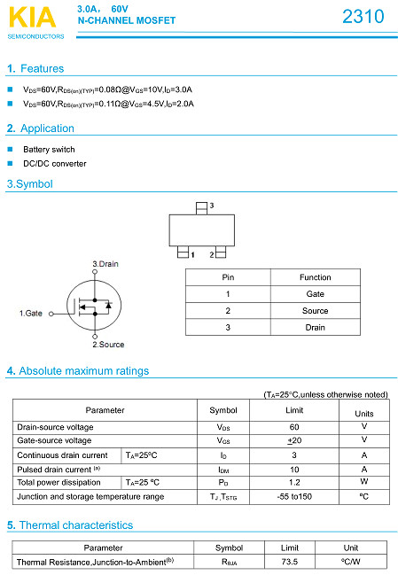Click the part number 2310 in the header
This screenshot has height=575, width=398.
point(363,17)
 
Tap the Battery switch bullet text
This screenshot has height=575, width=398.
point(49,150)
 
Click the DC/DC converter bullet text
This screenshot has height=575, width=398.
point(55,164)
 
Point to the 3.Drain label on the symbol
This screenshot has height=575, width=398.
point(105,264)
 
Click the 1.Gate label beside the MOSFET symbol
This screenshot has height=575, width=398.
point(31,313)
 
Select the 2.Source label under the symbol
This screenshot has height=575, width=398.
point(108,344)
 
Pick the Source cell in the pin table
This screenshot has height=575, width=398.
point(315,311)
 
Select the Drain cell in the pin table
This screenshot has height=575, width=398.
point(315,328)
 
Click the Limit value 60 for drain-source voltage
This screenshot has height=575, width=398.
point(294,427)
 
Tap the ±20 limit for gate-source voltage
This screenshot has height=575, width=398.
point(294,440)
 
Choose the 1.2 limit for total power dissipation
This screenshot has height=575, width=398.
point(294,482)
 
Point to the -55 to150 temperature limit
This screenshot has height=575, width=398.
point(294,496)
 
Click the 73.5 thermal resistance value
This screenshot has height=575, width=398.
point(290,562)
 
